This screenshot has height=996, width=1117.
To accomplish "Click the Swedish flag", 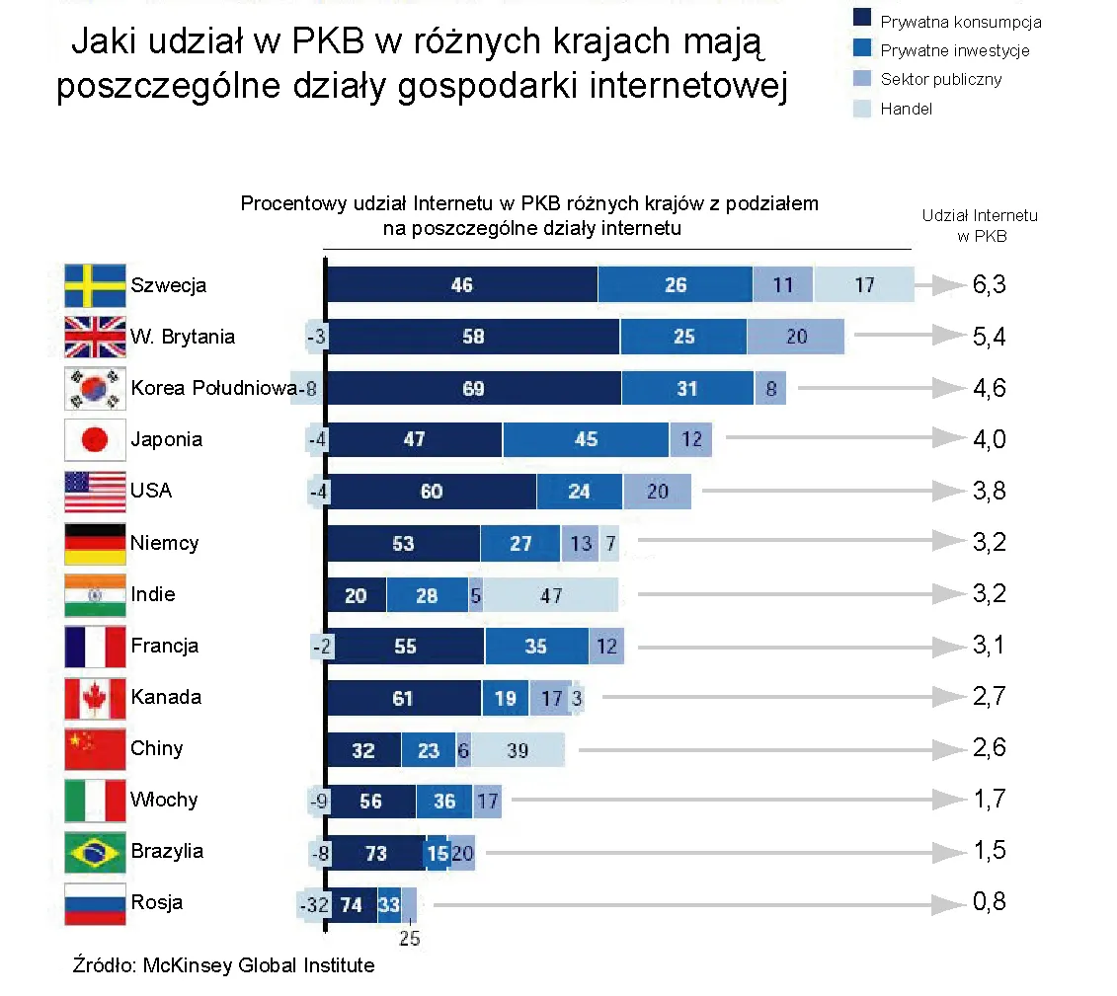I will pos(95,285).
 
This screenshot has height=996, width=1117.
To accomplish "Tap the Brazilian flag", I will pos(95,851).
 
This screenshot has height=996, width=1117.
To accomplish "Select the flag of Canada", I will pos(95,697).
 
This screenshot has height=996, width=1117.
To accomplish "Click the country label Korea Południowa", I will pos(213,388).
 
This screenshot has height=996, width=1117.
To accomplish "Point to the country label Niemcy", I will pos(164,543).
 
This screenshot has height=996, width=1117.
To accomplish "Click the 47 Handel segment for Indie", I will pos(551,595).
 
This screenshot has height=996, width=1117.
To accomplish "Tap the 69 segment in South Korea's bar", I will pos(473,389).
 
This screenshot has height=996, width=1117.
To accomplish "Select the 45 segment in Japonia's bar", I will pos(586,439).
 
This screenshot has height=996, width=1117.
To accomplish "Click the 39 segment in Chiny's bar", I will pos(518,750).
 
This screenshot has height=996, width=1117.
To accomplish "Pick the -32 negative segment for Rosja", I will pos(312,903).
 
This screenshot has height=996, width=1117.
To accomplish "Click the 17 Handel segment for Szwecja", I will pos(864,285).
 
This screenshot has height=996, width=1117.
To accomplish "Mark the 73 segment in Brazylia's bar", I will pos(376,852).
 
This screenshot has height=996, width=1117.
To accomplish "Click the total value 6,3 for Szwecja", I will pos(989,285).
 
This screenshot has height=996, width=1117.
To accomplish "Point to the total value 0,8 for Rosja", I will pos(989,902).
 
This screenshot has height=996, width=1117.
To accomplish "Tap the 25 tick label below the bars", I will pos(409,938).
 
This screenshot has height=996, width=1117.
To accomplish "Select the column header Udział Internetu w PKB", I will pos(980,225).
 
